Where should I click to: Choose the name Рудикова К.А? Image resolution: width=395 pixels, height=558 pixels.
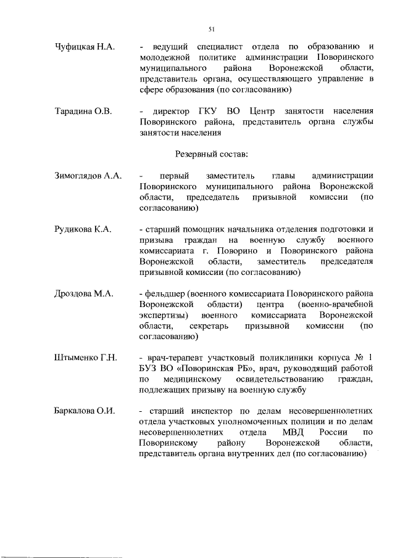pyautogui.click(x=83, y=230)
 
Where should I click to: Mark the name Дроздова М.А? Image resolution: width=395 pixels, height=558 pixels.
pyautogui.click(x=83, y=294)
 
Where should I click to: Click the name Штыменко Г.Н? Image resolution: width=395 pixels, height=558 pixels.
pyautogui.click(x=85, y=358)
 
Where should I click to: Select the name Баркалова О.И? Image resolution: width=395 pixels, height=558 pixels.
pyautogui.click(x=85, y=411)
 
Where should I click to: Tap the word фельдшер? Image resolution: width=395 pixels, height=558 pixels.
pyautogui.click(x=165, y=294)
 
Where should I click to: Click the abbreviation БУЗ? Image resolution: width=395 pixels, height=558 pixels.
pyautogui.click(x=150, y=369)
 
